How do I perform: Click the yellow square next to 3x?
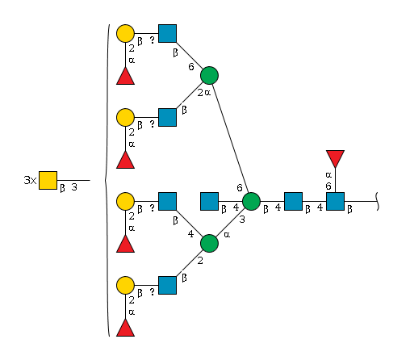(x=48, y=180)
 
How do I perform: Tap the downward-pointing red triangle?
(x=335, y=159)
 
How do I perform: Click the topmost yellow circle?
(x=125, y=33)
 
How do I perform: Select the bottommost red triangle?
(x=125, y=328)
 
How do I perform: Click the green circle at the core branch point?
(x=251, y=201)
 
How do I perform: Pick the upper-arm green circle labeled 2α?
(x=209, y=75)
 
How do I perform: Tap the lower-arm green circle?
(x=209, y=243)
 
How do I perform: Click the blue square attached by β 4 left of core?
(x=209, y=201)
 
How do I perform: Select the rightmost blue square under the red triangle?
(x=335, y=201)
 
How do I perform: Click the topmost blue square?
(x=167, y=33)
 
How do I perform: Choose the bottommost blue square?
(x=167, y=285)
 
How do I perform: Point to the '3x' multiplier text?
(x=30, y=180)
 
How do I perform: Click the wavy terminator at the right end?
(x=378, y=201)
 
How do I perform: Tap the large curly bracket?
(x=107, y=180)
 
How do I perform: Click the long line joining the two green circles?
(x=230, y=138)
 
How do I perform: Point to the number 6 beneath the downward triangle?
(x=328, y=186)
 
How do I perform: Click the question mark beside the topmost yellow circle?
(x=153, y=40)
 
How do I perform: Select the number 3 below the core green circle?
(x=242, y=220)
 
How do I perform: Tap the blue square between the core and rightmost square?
(x=293, y=201)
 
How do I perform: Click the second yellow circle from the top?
(x=125, y=117)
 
